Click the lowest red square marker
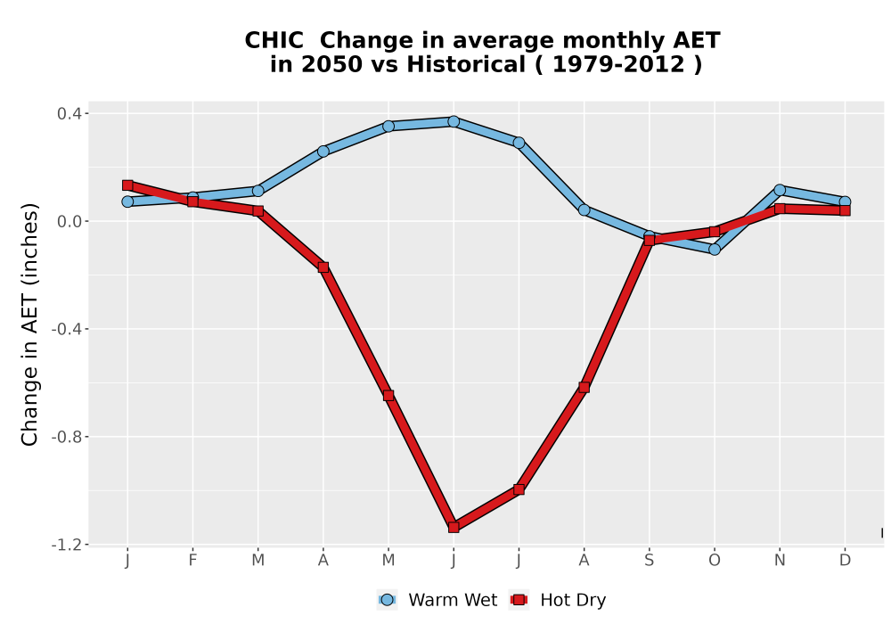tap(454, 528)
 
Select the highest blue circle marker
tap(454, 121)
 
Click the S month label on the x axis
tap(649, 561)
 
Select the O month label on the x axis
tap(715, 561)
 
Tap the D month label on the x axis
tap(845, 561)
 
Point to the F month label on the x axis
tap(192, 561)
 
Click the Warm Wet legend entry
tap(437, 600)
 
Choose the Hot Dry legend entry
tap(558, 600)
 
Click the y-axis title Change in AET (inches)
tap(29, 324)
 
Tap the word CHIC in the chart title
tap(274, 40)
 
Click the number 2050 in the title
tap(331, 64)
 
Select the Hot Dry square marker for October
tap(715, 232)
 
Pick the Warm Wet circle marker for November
tap(780, 190)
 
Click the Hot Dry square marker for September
tap(650, 241)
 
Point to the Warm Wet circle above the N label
tap(780, 190)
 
